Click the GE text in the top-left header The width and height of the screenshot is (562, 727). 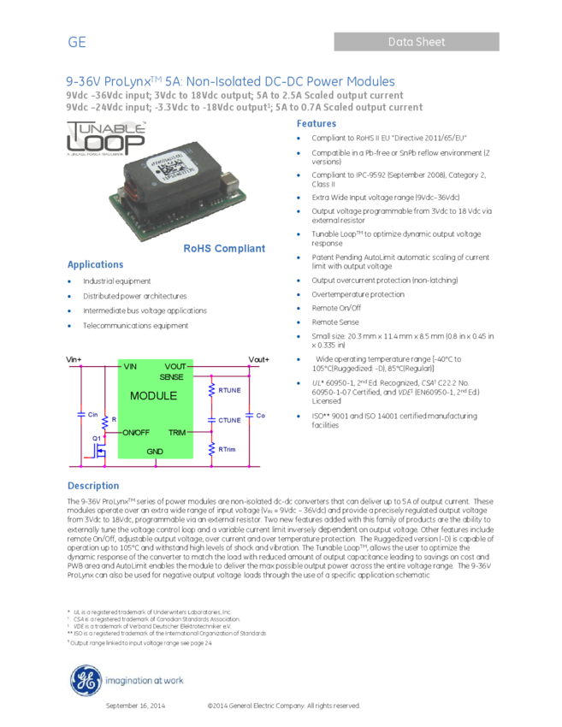(x=77, y=42)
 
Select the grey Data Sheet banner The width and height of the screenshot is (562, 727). (x=417, y=41)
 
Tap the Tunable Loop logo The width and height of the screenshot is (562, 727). (x=107, y=139)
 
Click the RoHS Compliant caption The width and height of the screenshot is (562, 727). (x=225, y=249)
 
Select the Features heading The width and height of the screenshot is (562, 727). (x=316, y=124)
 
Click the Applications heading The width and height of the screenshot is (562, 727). (x=96, y=265)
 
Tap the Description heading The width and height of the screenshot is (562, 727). (x=93, y=486)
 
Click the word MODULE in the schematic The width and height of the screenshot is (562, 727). (x=154, y=396)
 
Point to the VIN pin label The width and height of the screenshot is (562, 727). (x=130, y=367)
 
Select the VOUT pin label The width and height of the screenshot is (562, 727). (x=175, y=367)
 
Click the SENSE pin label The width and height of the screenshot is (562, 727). (x=172, y=376)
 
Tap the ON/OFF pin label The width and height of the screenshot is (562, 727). (x=136, y=433)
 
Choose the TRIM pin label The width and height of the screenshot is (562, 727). (x=176, y=433)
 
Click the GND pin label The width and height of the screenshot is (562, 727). (x=155, y=451)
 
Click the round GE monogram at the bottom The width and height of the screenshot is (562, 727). (x=85, y=682)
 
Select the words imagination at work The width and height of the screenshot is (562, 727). (x=143, y=683)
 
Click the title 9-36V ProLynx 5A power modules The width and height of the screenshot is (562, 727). (x=231, y=81)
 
